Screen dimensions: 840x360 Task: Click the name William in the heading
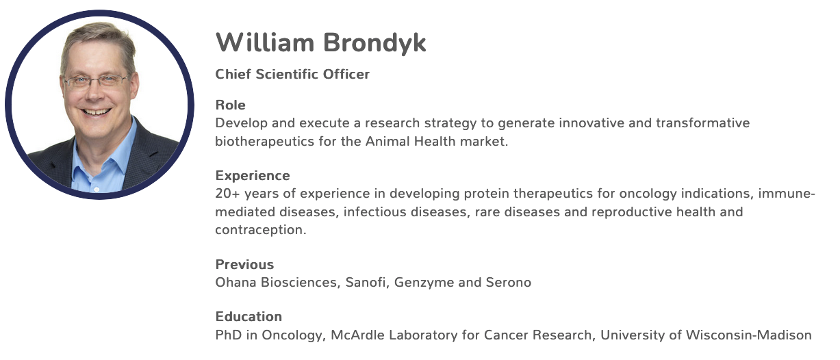pyautogui.click(x=265, y=42)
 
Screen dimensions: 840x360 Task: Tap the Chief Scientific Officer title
pyautogui.click(x=292, y=74)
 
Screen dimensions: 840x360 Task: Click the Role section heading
pyautogui.click(x=230, y=105)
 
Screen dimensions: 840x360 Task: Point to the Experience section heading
pyautogui.click(x=253, y=175)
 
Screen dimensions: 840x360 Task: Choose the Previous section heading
pyautogui.click(x=244, y=264)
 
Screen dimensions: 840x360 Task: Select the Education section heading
pyautogui.click(x=249, y=316)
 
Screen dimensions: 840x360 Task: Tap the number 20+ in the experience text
pyautogui.click(x=227, y=194)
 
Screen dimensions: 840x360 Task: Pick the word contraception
pyautogui.click(x=261, y=230)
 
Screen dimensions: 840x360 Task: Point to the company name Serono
pyautogui.click(x=509, y=283)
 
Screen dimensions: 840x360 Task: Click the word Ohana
pyautogui.click(x=236, y=283)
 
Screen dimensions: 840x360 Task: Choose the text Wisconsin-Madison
pyautogui.click(x=748, y=335)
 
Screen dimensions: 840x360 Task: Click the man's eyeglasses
pyautogui.click(x=95, y=81)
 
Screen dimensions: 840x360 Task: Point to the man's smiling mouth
pyautogui.click(x=96, y=112)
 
